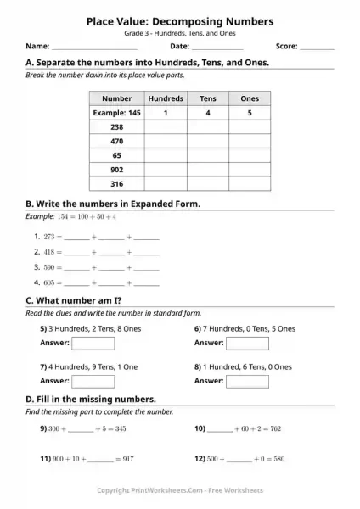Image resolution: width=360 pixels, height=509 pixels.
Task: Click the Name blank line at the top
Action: click(94, 48)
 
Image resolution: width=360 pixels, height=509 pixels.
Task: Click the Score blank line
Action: click(318, 48)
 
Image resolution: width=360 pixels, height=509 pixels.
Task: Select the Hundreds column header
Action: click(166, 98)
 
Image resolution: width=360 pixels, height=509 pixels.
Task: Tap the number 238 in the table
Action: click(117, 126)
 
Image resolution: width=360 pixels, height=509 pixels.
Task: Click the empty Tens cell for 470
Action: click(208, 141)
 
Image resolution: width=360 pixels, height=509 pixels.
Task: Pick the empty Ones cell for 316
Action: click(250, 183)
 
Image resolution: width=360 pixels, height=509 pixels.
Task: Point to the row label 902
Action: click(117, 169)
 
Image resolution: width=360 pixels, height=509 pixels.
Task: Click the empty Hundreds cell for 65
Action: click(166, 155)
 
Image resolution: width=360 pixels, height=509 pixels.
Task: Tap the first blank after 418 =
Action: click(76, 253)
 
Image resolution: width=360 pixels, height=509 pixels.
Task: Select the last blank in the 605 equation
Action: click(147, 282)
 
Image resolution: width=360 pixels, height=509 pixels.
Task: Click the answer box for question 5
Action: click(93, 344)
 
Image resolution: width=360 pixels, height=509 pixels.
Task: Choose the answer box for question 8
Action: click(247, 382)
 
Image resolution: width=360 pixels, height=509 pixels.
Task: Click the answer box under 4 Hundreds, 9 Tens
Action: click(93, 382)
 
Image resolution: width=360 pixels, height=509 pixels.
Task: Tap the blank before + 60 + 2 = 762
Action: click(218, 430)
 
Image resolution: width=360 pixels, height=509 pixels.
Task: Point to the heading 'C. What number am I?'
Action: click(75, 301)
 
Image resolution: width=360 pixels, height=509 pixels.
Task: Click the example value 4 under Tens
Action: click(208, 112)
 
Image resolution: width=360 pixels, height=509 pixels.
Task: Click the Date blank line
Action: click(217, 48)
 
